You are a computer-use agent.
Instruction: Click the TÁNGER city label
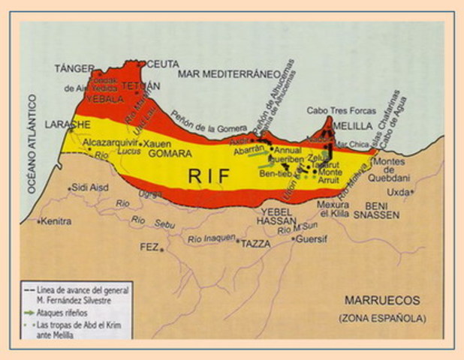(x=73, y=68)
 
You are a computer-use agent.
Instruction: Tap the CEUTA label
(x=161, y=63)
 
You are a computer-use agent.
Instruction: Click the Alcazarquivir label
(x=110, y=141)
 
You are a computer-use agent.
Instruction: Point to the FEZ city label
(x=149, y=247)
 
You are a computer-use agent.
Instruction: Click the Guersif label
(x=312, y=241)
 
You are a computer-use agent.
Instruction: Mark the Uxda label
(x=398, y=192)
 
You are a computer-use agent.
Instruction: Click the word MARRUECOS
(x=379, y=301)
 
